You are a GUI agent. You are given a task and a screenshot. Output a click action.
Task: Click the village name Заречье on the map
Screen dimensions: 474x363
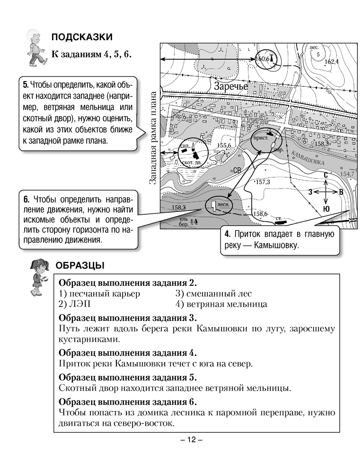[230, 87]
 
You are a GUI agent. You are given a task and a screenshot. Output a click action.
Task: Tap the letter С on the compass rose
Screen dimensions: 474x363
[326, 175]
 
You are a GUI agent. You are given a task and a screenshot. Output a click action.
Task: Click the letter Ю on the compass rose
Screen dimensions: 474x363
[326, 209]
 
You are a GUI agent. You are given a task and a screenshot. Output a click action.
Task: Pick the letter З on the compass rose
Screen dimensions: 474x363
[310, 192]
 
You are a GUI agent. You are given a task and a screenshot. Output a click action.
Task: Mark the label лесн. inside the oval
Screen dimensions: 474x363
[223, 205]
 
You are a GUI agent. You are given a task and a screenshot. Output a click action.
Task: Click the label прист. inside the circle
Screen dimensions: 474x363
[261, 138]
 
